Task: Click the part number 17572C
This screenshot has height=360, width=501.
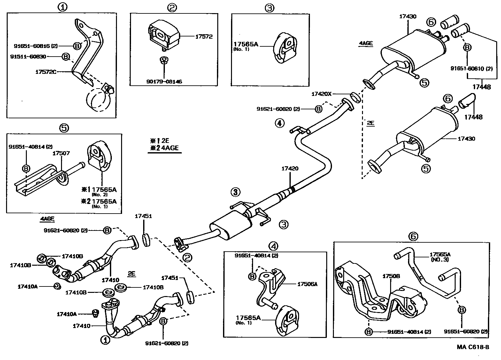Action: [45, 72]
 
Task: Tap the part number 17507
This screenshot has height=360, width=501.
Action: [61, 154]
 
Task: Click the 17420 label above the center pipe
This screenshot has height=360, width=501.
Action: [290, 168]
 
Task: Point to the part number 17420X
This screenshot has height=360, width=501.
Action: [322, 94]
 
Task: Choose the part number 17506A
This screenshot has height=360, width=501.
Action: [307, 284]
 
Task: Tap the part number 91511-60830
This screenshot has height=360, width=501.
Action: [28, 57]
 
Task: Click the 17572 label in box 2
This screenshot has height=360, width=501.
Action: [204, 37]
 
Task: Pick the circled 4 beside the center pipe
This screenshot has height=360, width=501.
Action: [279, 123]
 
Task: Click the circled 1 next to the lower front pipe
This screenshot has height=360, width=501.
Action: [105, 340]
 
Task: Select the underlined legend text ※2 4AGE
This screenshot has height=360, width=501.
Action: [165, 148]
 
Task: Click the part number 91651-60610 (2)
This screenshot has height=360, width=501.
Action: [471, 68]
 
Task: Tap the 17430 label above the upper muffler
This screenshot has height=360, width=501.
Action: [408, 16]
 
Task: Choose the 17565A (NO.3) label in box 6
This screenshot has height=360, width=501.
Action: [440, 257]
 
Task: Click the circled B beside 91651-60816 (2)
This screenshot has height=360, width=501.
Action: [77, 46]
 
